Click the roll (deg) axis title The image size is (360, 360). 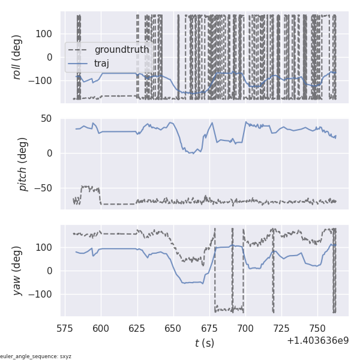(x=17, y=57)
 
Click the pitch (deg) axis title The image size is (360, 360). (x=23, y=164)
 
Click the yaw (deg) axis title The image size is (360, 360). (x=17, y=271)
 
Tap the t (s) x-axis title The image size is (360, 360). (x=205, y=343)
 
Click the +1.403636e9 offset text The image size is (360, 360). (x=317, y=340)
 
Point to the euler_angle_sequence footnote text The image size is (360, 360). (x=36, y=356)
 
